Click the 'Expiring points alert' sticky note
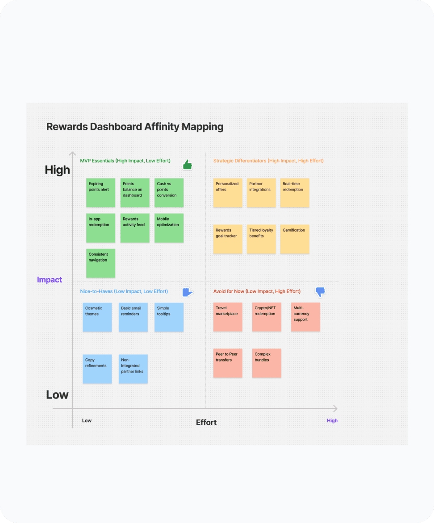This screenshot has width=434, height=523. [100, 193]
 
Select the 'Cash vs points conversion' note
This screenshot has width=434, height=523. [169, 193]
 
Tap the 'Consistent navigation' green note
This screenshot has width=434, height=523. [100, 263]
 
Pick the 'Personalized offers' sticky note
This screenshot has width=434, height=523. [228, 193]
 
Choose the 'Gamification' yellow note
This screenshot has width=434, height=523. [295, 239]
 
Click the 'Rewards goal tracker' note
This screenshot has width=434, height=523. [228, 239]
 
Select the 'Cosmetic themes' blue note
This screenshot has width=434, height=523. [97, 317]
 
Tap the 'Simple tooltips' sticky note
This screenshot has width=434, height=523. [169, 317]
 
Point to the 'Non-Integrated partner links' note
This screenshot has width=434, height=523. [133, 369]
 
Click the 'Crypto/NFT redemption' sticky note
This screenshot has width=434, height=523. [267, 317]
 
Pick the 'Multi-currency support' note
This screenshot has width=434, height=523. [305, 317]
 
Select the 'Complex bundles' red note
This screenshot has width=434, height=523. [267, 363]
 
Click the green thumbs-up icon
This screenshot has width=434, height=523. [187, 165]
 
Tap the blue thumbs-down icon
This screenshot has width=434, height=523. [320, 292]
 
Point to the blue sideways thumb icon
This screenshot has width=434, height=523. [187, 292]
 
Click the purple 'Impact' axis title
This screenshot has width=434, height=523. [50, 280]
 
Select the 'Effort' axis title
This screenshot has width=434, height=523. [206, 422]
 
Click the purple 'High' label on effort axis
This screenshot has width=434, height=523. [332, 420]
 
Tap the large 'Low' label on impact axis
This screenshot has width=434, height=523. [58, 394]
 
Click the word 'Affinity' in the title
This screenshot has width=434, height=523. [162, 127]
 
